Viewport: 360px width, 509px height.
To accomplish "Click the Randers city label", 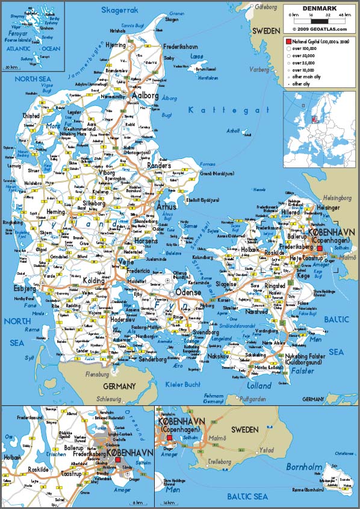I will [159, 165].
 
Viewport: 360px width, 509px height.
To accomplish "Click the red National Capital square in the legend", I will [288, 41].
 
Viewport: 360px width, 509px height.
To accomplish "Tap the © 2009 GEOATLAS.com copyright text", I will [319, 28].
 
